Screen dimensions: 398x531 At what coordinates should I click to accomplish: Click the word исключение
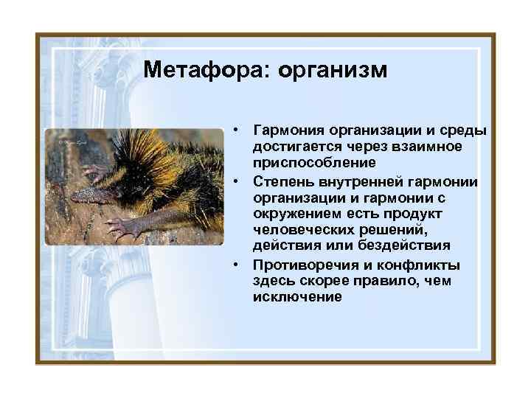tap(297, 297)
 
